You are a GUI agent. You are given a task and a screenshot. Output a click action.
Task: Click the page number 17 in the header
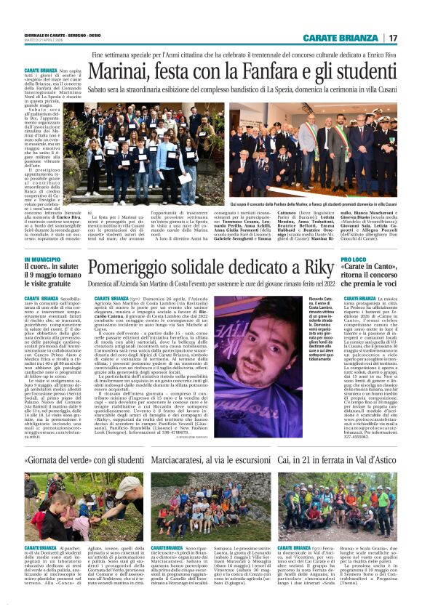click(392, 39)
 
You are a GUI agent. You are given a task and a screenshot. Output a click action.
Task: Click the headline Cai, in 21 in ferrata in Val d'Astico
click(333, 460)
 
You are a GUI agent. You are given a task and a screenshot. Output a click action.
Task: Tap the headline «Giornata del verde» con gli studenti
click(82, 460)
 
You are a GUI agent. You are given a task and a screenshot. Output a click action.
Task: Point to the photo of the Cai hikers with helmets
click(336, 506)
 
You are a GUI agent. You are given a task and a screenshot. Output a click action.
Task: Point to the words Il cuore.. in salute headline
click(54, 269)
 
